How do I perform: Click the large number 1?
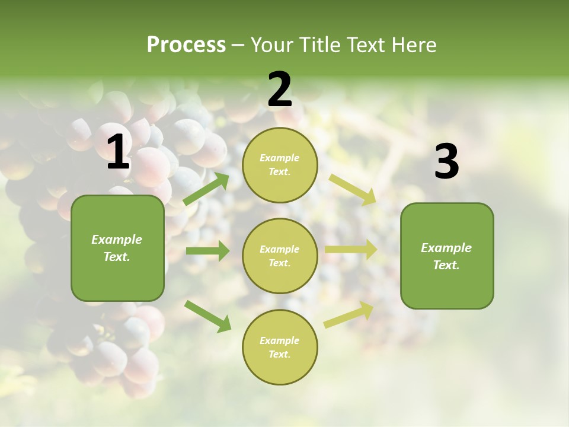118,152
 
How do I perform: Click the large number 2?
280,90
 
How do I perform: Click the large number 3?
446,162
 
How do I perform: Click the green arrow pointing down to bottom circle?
207,316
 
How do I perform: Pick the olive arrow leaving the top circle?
353,190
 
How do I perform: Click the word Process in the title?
186,44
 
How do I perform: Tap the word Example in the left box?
117,240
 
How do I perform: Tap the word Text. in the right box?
446,265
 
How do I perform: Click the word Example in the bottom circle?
280,340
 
